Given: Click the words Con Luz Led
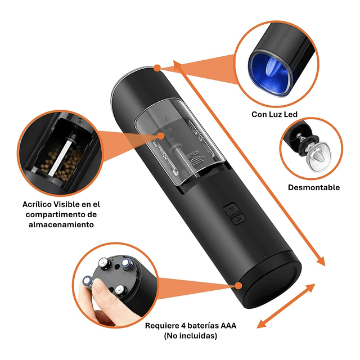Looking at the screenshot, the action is point(274,114).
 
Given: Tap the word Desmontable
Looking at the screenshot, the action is point(314,187).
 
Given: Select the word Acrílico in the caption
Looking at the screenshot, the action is point(38,204).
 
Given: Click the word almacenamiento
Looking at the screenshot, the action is point(61,224).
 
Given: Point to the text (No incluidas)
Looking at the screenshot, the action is point(191,336).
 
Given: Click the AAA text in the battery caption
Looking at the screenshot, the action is point(228,326).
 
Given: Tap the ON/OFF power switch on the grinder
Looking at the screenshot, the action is point(234,214).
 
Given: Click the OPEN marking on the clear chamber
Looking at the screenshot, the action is point(193,153).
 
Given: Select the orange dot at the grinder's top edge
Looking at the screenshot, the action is point(157,68).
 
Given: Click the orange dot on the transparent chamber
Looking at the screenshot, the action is point(161,136).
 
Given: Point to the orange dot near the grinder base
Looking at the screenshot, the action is point(238,286).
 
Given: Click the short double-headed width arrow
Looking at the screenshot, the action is point(286,305).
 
